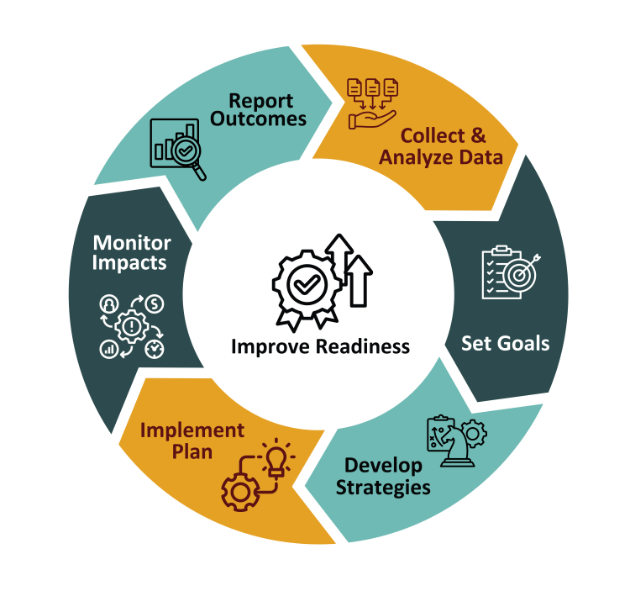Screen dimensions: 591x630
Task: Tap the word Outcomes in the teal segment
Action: pos(258,119)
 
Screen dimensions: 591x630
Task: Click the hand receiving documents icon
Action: pos(372,103)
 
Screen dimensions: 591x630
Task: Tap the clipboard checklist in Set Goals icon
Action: pos(497,272)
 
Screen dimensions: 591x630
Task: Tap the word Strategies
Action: pos(383,487)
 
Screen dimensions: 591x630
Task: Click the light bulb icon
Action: pos(276,459)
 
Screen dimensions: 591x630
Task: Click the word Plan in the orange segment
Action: pos(192,452)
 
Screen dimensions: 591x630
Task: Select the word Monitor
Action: pos(132,243)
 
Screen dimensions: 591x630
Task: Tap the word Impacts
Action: pos(130,263)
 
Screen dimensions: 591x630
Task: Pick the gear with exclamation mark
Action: pos(132,325)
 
